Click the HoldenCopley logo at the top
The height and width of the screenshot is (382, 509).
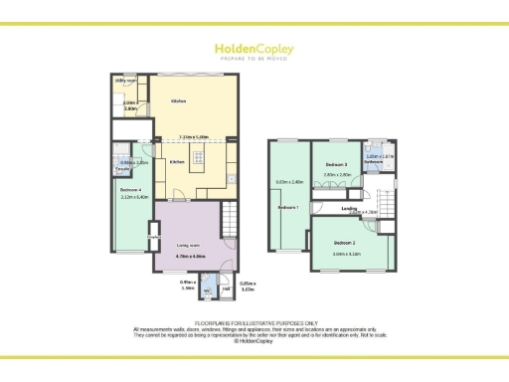coord(254,49)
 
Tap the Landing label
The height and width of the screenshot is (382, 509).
coord(349,208)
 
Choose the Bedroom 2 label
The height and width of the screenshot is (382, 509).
coord(344,243)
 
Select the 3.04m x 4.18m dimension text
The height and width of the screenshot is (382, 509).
coord(348,254)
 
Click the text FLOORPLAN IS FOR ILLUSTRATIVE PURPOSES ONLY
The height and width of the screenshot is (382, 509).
coord(254,322)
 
